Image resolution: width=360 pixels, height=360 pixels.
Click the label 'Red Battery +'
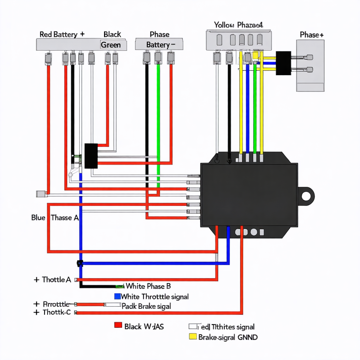point(62,34)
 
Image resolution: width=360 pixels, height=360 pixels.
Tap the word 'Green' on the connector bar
point(111,45)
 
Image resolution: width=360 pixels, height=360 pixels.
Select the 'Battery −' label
point(160,45)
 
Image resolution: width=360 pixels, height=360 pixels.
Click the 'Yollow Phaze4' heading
point(238,25)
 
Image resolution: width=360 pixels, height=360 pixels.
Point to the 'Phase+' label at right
point(311,35)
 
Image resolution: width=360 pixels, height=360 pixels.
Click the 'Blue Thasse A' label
point(55,218)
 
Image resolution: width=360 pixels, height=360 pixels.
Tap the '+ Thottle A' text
point(53,280)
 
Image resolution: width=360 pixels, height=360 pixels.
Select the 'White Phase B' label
point(148,286)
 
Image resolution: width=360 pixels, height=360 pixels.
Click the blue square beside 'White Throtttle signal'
point(117,296)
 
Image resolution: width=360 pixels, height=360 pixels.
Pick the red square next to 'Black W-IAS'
point(118,325)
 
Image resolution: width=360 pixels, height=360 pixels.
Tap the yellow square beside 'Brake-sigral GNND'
point(193,337)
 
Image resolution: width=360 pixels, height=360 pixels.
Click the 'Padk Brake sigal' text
point(146,306)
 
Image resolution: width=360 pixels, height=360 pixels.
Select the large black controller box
point(249,193)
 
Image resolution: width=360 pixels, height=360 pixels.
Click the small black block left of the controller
point(91,156)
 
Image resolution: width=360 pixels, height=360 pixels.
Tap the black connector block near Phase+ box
point(283,63)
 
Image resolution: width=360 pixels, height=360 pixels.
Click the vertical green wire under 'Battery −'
point(159,112)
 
